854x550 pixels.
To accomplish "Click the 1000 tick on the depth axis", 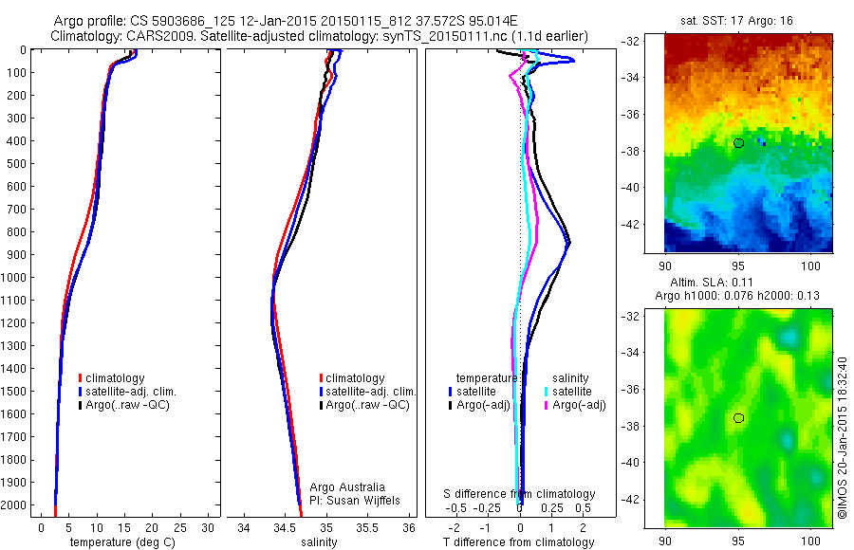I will (16, 278).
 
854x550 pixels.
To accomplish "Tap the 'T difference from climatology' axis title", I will (520, 542).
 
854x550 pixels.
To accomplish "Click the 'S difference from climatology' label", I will (520, 494).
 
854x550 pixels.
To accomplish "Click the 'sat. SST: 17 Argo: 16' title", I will (742, 20).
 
